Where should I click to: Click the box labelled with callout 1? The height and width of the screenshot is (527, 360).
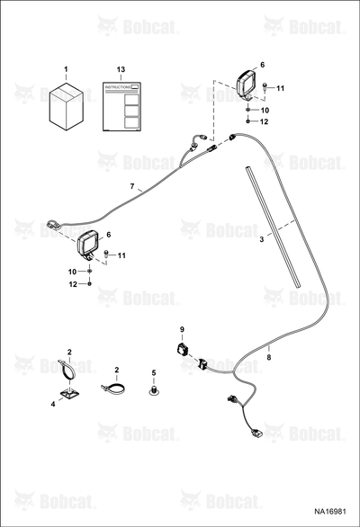click(67, 105)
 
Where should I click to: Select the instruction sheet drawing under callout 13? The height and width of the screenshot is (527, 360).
click(121, 106)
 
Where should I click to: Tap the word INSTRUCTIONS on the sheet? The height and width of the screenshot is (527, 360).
click(117, 87)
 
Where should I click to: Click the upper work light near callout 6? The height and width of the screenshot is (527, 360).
click(247, 85)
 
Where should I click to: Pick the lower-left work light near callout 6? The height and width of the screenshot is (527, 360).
click(87, 246)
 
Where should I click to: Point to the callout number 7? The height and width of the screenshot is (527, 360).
click(132, 186)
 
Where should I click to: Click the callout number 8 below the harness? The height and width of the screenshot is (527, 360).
click(268, 358)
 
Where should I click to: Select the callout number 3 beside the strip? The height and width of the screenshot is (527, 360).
click(261, 239)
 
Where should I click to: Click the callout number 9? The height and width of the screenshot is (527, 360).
click(182, 329)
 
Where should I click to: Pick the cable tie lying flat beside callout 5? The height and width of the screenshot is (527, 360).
click(112, 389)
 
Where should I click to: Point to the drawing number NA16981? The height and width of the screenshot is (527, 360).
click(330, 512)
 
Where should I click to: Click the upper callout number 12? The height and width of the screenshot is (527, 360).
click(264, 121)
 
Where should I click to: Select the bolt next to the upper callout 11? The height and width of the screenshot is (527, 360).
click(265, 86)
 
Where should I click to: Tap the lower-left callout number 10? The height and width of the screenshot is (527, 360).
click(72, 272)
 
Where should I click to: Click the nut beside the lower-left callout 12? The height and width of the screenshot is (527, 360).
click(89, 284)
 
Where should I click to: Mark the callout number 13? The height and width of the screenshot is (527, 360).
click(121, 69)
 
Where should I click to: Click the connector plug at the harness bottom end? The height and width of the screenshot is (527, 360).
click(256, 433)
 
